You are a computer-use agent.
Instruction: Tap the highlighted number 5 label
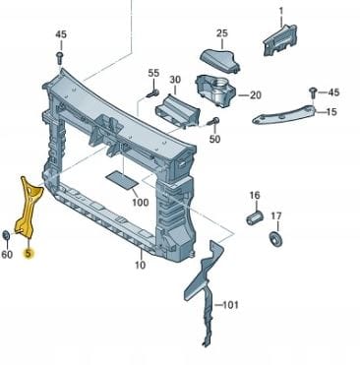[29, 253]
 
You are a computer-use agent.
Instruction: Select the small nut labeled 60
[6, 235]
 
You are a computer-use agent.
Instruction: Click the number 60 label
[7, 254]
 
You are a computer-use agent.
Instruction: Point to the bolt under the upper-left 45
[60, 58]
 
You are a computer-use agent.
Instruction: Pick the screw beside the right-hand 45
[313, 93]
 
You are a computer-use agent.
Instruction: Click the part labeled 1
[279, 40]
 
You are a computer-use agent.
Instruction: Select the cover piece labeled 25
[219, 60]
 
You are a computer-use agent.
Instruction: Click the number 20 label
[256, 95]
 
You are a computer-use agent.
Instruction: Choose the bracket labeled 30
[177, 110]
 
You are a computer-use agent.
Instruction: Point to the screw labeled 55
[153, 93]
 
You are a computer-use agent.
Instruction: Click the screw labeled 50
[213, 122]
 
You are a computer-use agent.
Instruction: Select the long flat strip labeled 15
[284, 114]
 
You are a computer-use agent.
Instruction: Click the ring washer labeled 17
[275, 239]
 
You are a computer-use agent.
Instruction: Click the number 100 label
[141, 202]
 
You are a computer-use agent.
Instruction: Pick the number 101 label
[230, 305]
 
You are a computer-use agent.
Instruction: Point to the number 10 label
[140, 265]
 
